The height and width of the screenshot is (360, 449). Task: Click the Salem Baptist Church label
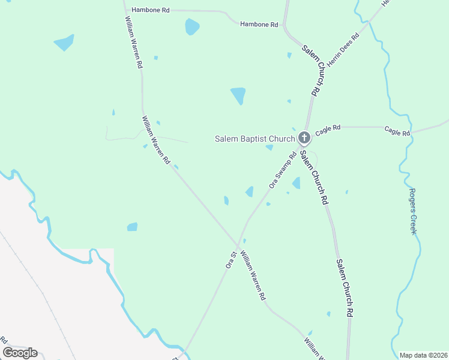(255, 139)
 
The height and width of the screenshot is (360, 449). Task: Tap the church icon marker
(304, 138)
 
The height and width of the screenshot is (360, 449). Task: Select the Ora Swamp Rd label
(283, 171)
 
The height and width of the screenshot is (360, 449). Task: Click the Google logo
(20, 353)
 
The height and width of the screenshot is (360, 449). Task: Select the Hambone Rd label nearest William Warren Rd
(151, 10)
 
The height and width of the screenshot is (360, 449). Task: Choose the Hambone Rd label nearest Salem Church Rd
(259, 25)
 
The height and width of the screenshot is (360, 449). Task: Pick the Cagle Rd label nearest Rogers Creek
(397, 131)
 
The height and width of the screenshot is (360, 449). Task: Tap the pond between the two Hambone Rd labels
(192, 26)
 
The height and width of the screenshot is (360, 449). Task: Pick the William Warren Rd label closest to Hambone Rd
(133, 42)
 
